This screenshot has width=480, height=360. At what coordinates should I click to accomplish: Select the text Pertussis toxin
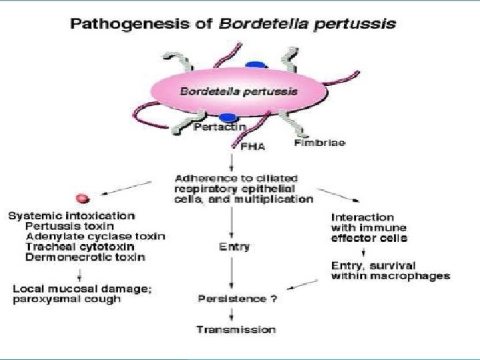coord(62,226)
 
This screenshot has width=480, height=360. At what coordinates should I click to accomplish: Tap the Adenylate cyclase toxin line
coord(95,236)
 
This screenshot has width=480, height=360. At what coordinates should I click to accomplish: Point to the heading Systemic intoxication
coord(71,216)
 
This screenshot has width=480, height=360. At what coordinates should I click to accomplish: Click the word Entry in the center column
coord(234,247)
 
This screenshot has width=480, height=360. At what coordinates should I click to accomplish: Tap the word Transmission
coord(235,329)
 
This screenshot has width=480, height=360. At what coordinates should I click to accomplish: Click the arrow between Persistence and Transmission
coord(231,313)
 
